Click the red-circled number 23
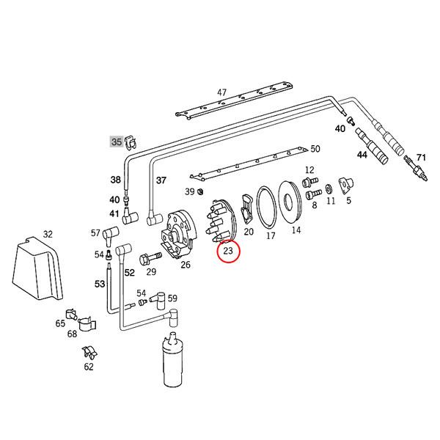[x=228, y=252]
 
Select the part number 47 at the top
[x=221, y=92]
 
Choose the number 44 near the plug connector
[x=362, y=155]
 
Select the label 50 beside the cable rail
[x=315, y=149]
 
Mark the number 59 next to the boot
[x=172, y=298]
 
